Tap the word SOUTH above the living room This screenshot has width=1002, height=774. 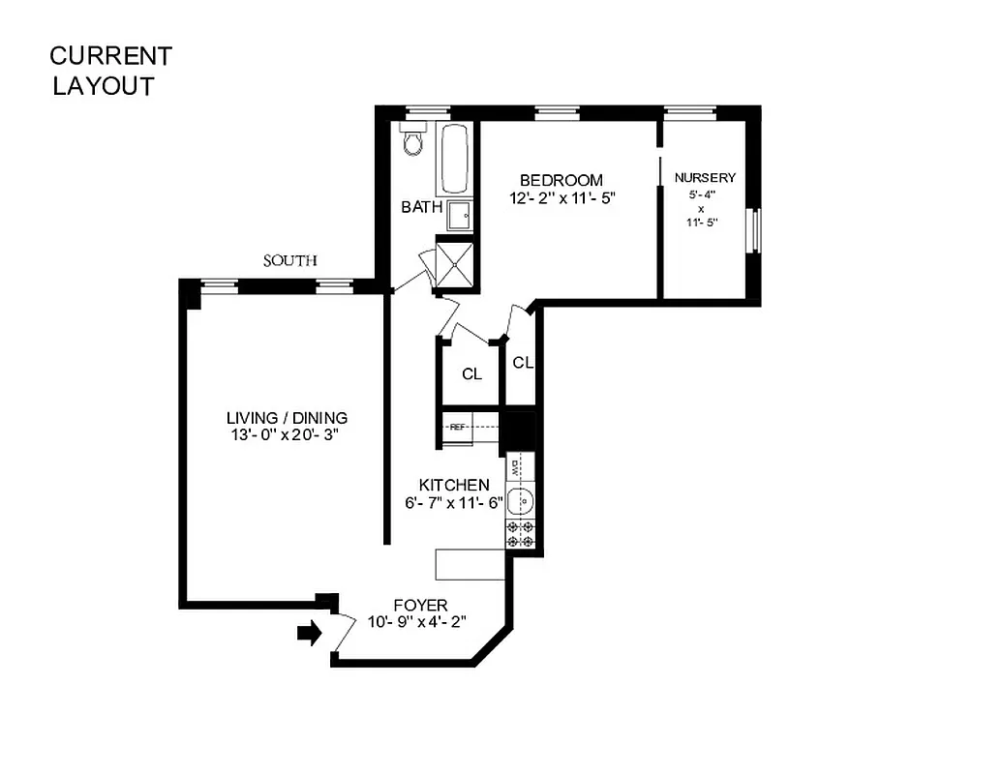point(290,260)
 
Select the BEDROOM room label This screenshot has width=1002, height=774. point(561,180)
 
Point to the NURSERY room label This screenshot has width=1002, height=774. point(705,178)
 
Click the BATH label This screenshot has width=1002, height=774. point(421,206)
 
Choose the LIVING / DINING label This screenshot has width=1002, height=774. point(286,418)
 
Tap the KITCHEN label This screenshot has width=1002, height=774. point(453,485)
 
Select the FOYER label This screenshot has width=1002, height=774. point(420,605)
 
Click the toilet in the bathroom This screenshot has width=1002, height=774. point(413,141)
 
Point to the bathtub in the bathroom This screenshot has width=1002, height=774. point(455,158)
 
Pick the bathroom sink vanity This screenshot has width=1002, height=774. point(459,213)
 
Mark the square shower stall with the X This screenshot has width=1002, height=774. point(456,262)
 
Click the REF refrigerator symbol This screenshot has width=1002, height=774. point(457,426)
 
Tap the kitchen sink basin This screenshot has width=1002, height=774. point(520,501)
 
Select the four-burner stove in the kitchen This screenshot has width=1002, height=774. point(520,534)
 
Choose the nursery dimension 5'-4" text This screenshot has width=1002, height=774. point(705,193)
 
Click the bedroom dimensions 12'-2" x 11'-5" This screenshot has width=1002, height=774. point(562,197)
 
